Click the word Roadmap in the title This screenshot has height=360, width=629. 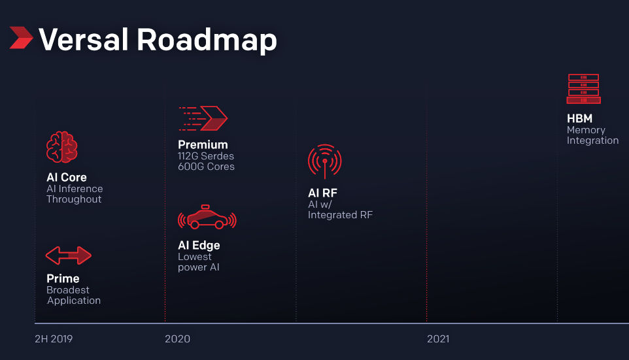[207, 41]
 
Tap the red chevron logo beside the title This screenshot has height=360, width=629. [21, 38]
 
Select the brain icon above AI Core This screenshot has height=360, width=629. [61, 147]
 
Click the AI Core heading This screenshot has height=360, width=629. [67, 177]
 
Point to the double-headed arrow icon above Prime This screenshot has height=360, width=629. [69, 255]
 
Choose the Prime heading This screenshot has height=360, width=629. [63, 278]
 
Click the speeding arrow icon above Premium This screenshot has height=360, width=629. [203, 118]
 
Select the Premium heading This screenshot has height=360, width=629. [203, 145]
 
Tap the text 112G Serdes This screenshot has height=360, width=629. [206, 156]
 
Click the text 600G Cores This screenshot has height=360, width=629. [206, 167]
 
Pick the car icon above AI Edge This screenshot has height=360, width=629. [207, 217]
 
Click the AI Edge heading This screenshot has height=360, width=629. [199, 246]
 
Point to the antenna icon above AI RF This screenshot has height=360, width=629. [324, 161]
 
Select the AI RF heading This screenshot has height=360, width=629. [322, 193]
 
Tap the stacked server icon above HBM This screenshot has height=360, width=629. [584, 89]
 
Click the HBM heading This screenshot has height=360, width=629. [580, 119]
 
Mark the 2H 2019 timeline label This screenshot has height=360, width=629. [54, 339]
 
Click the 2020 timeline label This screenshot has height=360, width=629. [178, 339]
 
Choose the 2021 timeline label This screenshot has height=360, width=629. [438, 339]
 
